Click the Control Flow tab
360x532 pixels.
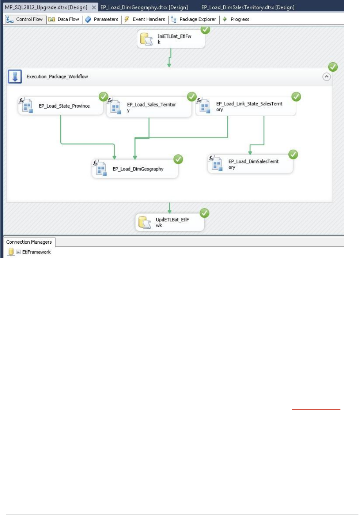pyautogui.click(x=25, y=19)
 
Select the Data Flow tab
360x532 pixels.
pyautogui.click(x=64, y=19)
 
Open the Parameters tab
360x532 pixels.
pyautogui.click(x=102, y=19)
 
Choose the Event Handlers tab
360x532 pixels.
pyautogui.click(x=145, y=19)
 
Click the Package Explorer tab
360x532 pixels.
pyautogui.click(x=194, y=19)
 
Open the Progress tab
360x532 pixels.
pyautogui.click(x=236, y=19)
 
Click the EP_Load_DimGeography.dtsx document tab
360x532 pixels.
pyautogui.click(x=144, y=7)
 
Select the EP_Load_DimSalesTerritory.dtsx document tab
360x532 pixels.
pyautogui.click(x=248, y=7)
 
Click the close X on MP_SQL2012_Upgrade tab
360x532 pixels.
pyautogui.click(x=94, y=7)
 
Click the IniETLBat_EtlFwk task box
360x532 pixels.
pyautogui.click(x=171, y=39)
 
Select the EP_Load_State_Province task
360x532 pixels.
pyautogui.click(x=61, y=106)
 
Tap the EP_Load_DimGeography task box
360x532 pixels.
pyautogui.click(x=135, y=169)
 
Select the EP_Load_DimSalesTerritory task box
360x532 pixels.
pyautogui.click(x=250, y=164)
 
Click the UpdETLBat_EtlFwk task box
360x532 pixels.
pyautogui.click(x=170, y=223)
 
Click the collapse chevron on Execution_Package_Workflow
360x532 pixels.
pyautogui.click(x=326, y=77)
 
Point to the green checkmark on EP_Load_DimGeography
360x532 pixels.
pyautogui.click(x=178, y=159)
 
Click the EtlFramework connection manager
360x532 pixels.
pyautogui.click(x=36, y=252)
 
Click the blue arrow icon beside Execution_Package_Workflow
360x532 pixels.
pyautogui.click(x=15, y=77)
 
